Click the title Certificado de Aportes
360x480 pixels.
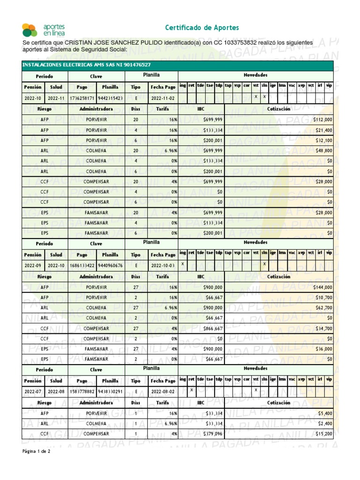click(x=202, y=28)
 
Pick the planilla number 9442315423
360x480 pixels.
click(x=110, y=98)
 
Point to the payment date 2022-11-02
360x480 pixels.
click(x=163, y=98)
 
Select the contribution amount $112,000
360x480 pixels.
click(x=322, y=120)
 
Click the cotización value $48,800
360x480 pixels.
click(x=323, y=151)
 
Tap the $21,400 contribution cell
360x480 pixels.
click(x=323, y=130)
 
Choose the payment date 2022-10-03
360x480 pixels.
click(x=163, y=265)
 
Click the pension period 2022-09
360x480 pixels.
click(x=33, y=265)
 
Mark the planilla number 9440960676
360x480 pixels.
click(x=110, y=265)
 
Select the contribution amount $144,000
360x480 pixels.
click(x=322, y=287)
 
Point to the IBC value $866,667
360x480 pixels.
click(x=213, y=329)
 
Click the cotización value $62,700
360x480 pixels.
click(x=323, y=308)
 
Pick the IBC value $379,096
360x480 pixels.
click(x=213, y=434)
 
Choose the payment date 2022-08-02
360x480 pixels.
click(x=163, y=391)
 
